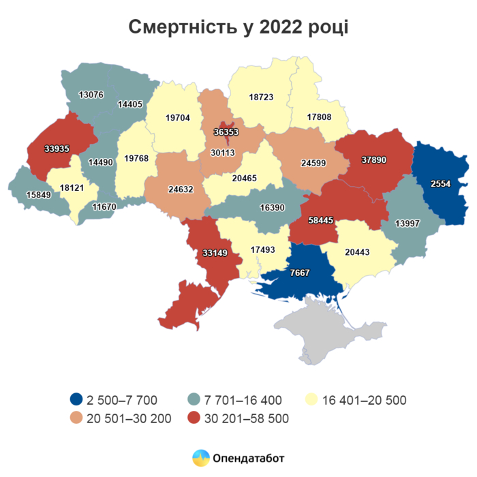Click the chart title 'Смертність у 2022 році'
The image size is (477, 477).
coord(238,27)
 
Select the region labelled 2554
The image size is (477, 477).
coord(442,185)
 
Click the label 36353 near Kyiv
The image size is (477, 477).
coord(226,133)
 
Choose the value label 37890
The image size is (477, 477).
coord(374,159)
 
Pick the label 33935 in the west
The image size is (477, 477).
coord(56,147)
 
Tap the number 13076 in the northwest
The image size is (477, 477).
coord(91,94)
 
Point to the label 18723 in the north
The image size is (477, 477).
coord(261,97)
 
